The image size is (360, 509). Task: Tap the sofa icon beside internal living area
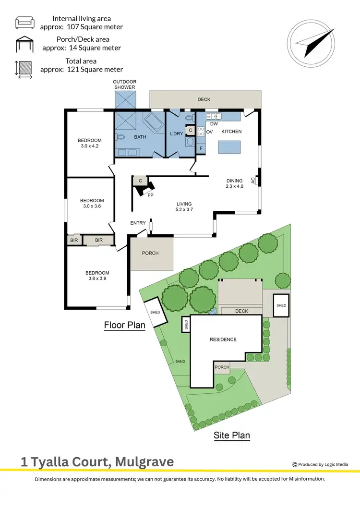tap(24, 23)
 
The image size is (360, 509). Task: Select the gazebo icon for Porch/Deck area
tap(24, 44)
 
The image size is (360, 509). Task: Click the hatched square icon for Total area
tap(24, 68)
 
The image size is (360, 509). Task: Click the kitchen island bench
tap(229, 146)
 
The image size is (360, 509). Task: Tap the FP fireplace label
tap(150, 195)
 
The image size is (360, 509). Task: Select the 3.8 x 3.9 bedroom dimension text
tap(98, 279)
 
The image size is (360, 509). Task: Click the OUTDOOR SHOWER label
tap(125, 85)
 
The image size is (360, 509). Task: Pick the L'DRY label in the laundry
tap(176, 133)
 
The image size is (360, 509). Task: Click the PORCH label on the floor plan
tap(150, 253)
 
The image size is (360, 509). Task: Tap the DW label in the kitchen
tap(214, 124)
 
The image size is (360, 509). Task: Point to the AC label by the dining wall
tap(253, 181)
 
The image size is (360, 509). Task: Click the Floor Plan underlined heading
tap(125, 325)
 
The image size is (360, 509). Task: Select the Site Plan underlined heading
tap(232, 436)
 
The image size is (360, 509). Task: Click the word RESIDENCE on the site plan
tap(223, 339)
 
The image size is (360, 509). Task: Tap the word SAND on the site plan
tap(180, 362)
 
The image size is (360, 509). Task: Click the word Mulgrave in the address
tap(143, 462)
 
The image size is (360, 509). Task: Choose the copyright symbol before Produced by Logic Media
tap(295, 464)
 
